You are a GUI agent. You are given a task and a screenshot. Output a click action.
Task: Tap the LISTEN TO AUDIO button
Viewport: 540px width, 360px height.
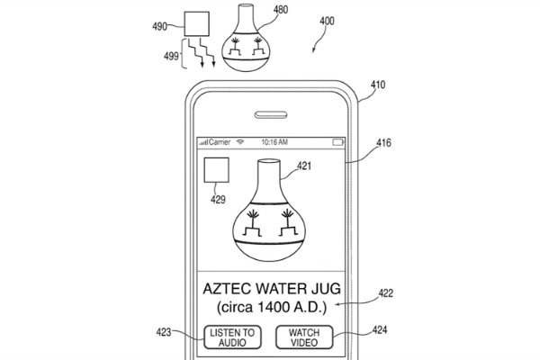coord(232,337)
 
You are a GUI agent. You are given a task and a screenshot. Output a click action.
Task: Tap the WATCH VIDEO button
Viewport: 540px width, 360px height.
coord(304,337)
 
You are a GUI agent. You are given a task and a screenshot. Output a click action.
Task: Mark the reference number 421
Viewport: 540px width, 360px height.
coord(304,166)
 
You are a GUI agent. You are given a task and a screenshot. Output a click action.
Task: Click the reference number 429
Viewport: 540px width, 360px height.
coord(218,199)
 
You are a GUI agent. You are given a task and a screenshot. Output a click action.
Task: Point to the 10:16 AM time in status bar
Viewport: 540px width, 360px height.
coord(274,143)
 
